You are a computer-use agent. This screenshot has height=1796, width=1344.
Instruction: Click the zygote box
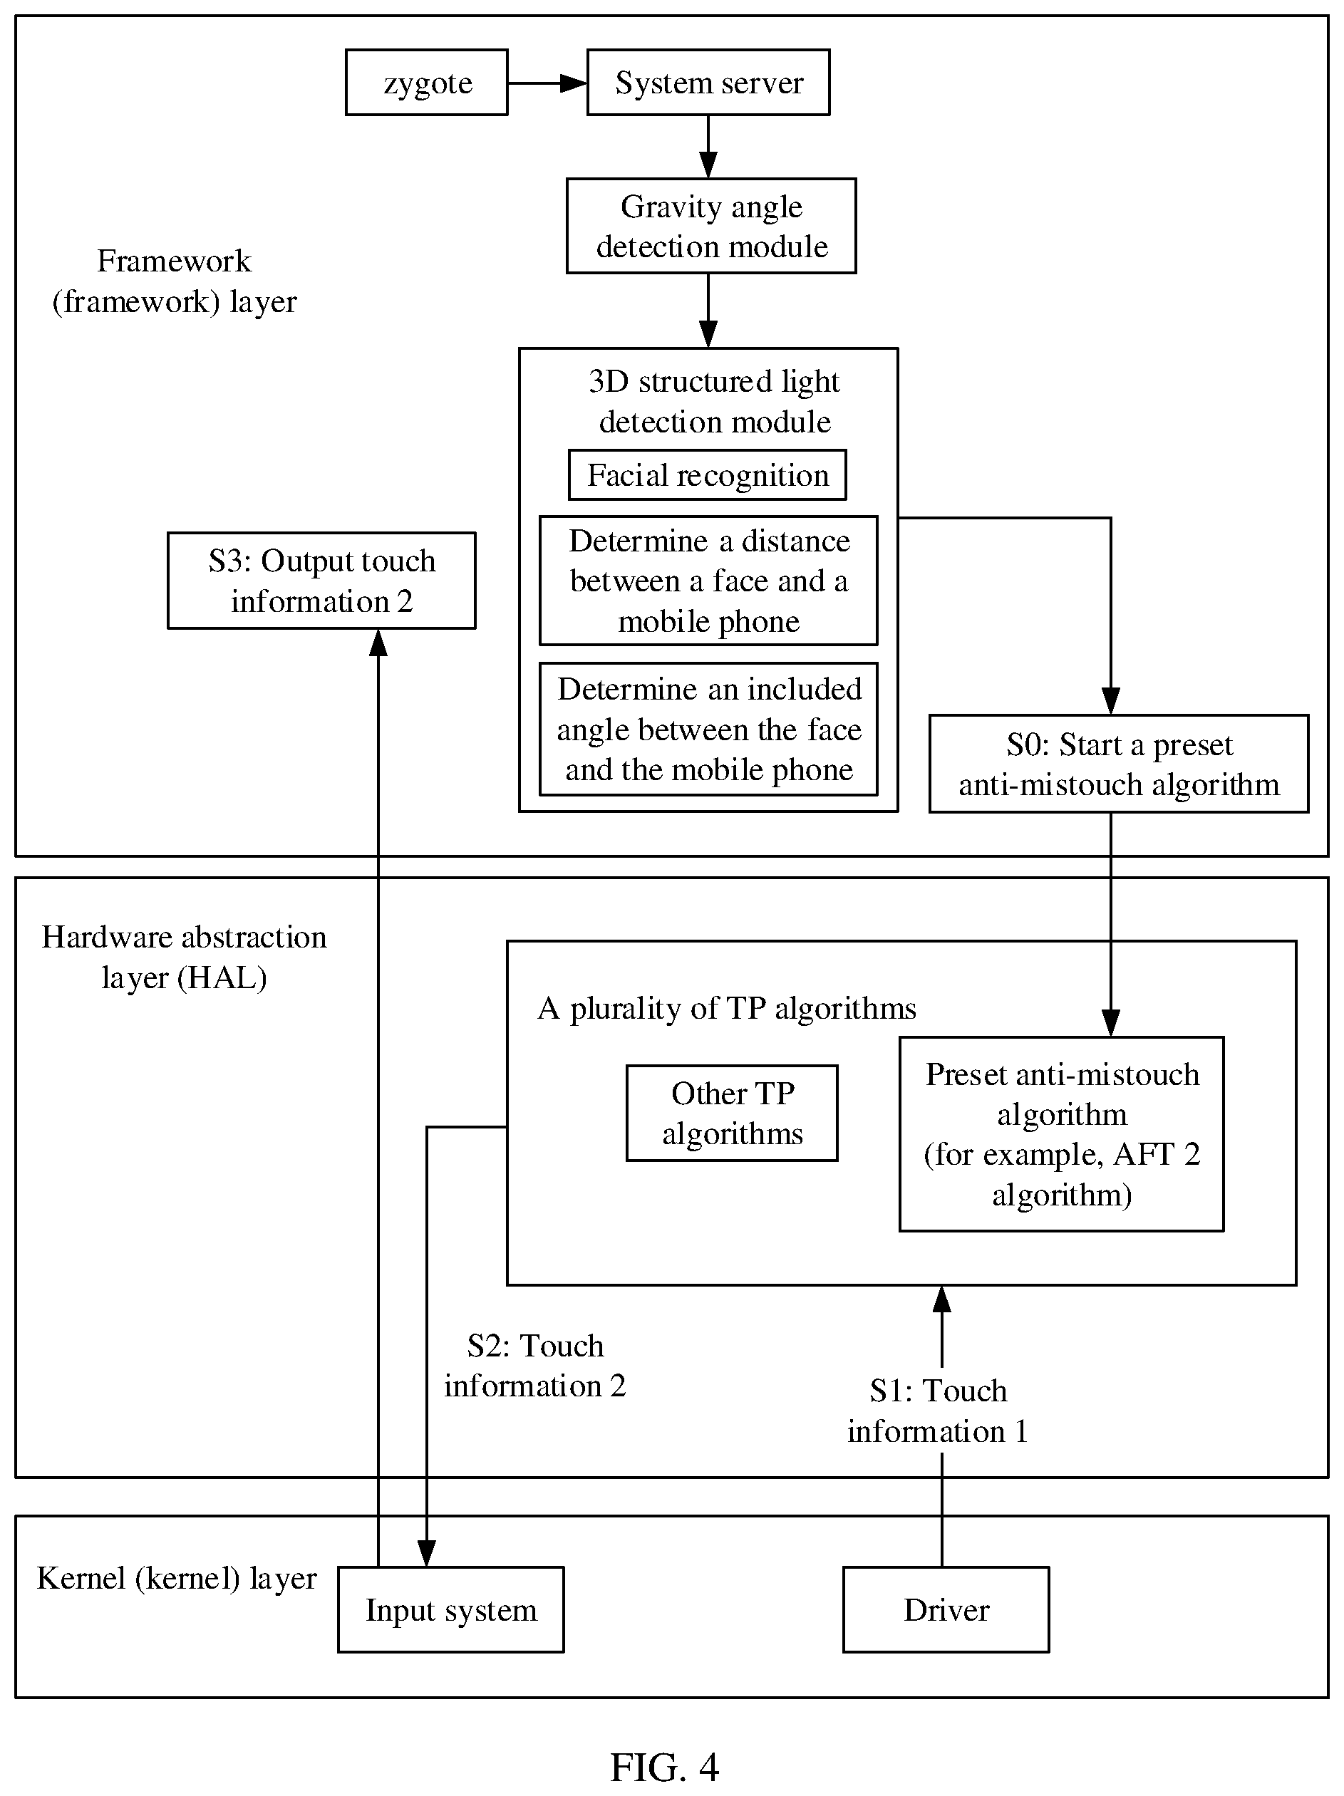[426, 82]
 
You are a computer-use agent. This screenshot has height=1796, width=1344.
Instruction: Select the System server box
[708, 82]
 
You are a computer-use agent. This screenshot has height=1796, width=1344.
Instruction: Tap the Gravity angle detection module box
[710, 226]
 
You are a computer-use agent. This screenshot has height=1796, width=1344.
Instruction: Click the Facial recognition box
[706, 475]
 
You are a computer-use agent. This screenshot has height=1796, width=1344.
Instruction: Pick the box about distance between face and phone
[708, 581]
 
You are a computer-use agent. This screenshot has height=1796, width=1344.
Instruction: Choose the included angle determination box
[708, 729]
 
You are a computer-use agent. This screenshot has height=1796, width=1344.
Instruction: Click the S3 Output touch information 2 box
[321, 581]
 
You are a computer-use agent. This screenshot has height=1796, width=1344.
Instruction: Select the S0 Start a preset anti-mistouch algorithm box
[1118, 763]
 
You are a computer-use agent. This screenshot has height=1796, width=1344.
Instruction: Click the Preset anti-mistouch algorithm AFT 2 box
[1061, 1134]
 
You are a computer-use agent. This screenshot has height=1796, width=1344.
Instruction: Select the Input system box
[450, 1609]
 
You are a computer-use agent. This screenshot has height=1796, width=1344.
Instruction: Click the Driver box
[946, 1609]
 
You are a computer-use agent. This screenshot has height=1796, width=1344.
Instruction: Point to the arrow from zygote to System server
[547, 82]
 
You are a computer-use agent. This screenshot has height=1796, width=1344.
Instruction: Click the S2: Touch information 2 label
[535, 1366]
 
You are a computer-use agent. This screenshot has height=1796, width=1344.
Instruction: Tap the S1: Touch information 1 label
[938, 1411]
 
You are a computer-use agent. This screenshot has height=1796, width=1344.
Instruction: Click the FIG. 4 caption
[664, 1767]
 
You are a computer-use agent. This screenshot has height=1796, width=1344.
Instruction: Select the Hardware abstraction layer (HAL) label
[185, 957]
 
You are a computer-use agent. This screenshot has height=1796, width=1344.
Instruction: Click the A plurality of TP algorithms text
[727, 1008]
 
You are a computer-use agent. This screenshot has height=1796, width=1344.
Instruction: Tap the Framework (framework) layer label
[175, 281]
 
